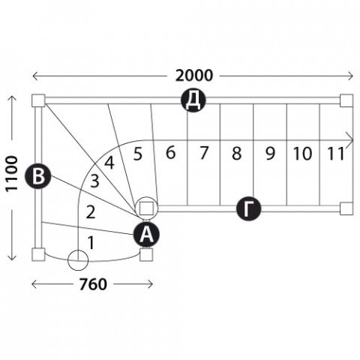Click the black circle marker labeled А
click(146, 235)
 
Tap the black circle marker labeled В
click(38, 176)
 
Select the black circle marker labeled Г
click(248, 209)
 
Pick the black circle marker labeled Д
click(193, 100)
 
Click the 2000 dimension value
click(193, 76)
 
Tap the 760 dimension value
click(93, 284)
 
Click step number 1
click(91, 243)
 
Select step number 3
click(94, 181)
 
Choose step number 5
click(138, 154)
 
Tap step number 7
click(204, 153)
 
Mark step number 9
click(270, 153)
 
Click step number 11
click(336, 153)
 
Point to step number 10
click(302, 153)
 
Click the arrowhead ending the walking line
click(350, 140)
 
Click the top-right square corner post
click(346, 100)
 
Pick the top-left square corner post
click(38, 100)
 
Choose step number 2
click(91, 212)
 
